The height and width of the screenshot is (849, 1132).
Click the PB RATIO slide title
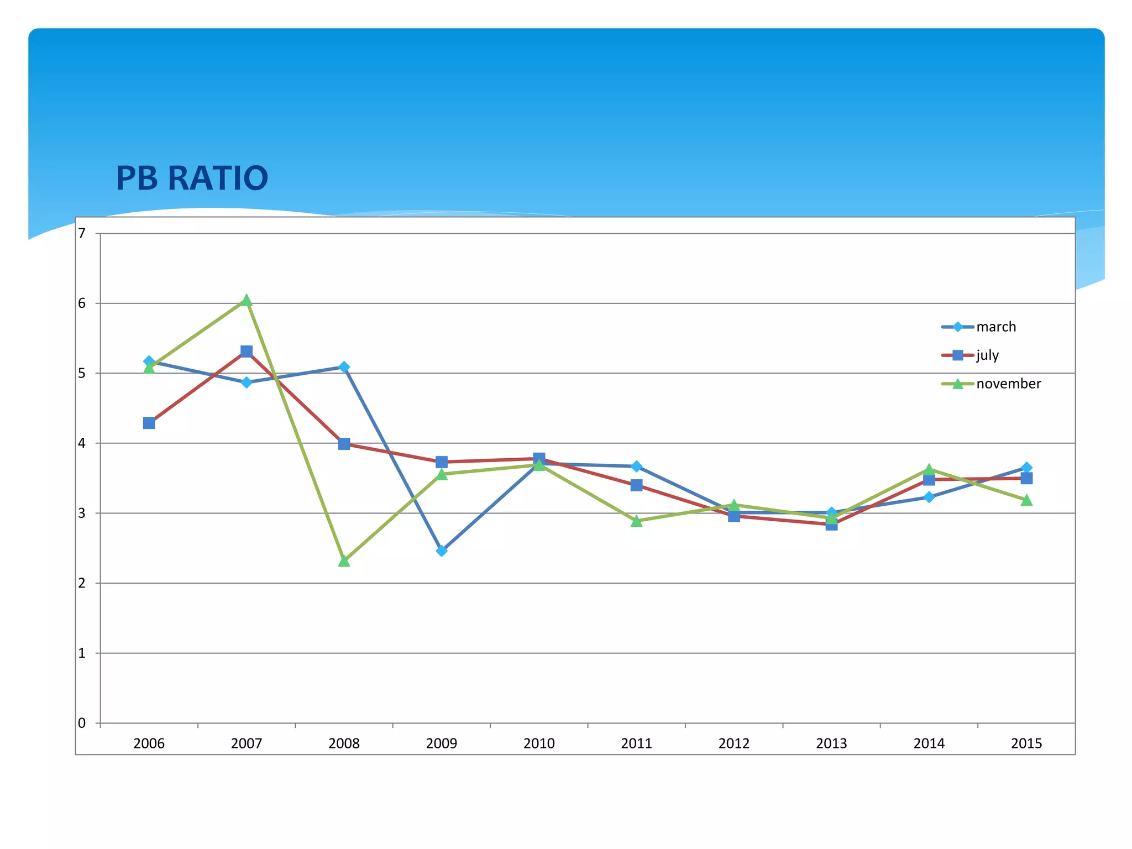[x=192, y=178]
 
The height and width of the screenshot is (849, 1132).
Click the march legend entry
[x=995, y=327]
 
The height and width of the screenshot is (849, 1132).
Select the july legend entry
[x=987, y=355]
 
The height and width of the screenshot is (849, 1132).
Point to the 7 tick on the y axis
[x=82, y=233]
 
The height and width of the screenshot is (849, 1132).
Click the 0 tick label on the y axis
[x=82, y=723]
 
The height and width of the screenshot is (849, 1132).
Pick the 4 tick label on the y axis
[x=82, y=443]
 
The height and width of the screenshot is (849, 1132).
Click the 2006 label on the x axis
[x=149, y=743]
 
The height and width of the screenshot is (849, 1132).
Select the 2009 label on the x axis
[x=441, y=743]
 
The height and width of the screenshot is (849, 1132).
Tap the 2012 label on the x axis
[x=733, y=743]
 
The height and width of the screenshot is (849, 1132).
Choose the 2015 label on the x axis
[x=1026, y=743]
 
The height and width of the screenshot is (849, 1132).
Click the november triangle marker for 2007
[x=247, y=301]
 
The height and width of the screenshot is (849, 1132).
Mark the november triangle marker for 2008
[x=344, y=561]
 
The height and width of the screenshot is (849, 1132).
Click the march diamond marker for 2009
[x=441, y=551]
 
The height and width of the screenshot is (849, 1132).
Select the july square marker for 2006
[x=149, y=423]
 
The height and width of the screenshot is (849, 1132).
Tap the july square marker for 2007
[x=247, y=352]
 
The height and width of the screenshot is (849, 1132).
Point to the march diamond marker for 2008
[x=344, y=367]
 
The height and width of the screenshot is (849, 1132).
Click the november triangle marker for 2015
[x=1026, y=500]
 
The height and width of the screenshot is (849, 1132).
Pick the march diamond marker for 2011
[x=636, y=467]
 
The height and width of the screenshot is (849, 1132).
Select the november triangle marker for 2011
[x=636, y=521]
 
